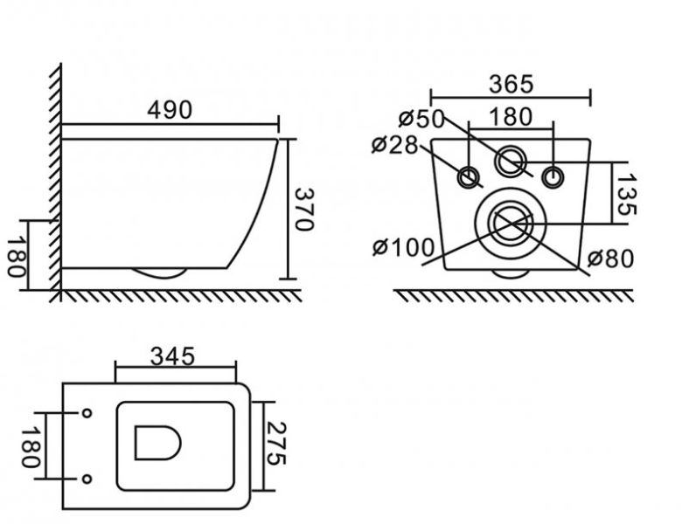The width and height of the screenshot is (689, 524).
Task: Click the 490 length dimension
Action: (x=170, y=110)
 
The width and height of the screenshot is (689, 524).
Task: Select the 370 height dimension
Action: (x=303, y=210)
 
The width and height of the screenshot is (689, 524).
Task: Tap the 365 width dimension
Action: (x=511, y=84)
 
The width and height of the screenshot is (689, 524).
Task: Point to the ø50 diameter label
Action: (x=421, y=119)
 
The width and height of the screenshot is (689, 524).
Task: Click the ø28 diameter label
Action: (x=394, y=144)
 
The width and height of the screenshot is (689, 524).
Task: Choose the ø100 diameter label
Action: (x=403, y=247)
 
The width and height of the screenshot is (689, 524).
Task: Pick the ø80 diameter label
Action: (x=611, y=259)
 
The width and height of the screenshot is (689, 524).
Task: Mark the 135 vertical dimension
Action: (x=626, y=195)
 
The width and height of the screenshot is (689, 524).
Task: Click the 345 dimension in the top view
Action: (x=172, y=356)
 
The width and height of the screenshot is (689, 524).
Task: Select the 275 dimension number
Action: (x=276, y=444)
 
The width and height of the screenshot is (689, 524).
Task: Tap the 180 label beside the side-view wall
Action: (x=17, y=257)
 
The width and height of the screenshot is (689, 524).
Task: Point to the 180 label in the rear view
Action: (x=510, y=117)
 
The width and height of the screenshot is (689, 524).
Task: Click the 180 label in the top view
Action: (x=31, y=447)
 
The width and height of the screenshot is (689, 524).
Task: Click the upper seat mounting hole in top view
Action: (x=87, y=413)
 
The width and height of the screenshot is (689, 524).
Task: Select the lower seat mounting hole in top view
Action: (x=87, y=479)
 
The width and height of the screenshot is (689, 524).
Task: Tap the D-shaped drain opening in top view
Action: (x=157, y=443)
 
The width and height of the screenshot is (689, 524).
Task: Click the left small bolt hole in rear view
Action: (x=470, y=178)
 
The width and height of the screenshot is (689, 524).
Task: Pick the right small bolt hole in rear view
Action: (x=553, y=177)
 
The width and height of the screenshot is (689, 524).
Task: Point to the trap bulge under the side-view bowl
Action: (x=159, y=273)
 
